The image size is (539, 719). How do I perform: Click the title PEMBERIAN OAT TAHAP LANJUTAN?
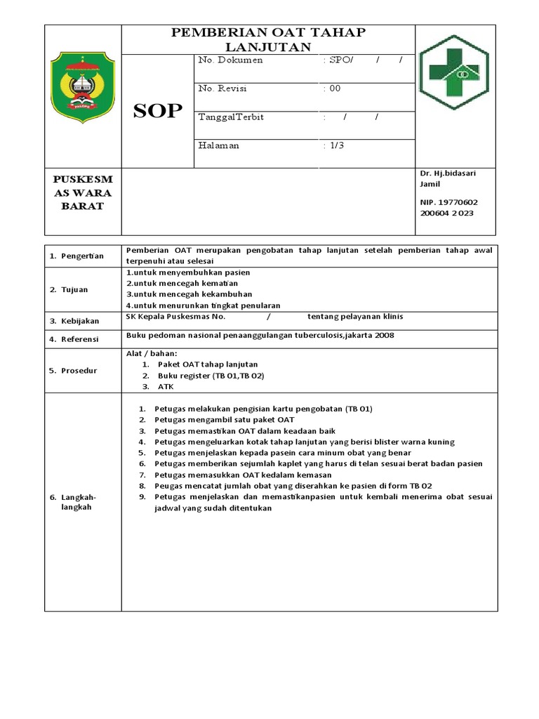pos(269,39)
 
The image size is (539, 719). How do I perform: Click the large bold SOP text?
pos(157,111)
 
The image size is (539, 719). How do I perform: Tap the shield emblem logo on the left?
pos(83,90)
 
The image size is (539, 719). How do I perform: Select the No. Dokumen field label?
pos(230,60)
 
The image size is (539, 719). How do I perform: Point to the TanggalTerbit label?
pos(231,117)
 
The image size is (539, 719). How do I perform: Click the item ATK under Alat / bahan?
pos(166,386)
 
